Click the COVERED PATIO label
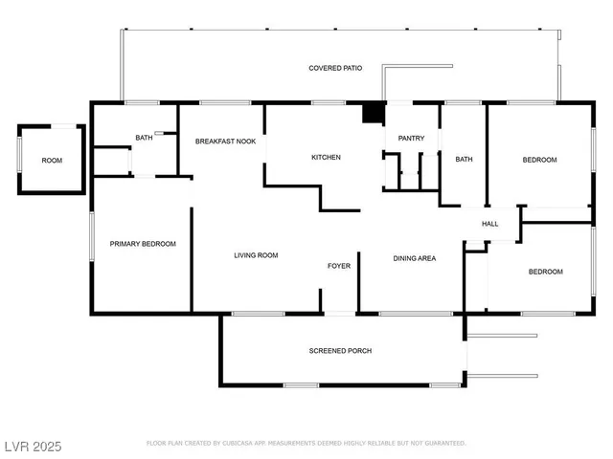(335, 68)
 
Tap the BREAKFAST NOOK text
(226, 142)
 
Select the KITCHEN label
(326, 157)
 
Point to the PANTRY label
(411, 138)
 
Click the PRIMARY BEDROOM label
(143, 244)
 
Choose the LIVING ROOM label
(256, 255)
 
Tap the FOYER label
(339, 266)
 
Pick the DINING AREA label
(415, 258)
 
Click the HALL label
(489, 224)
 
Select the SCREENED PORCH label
(341, 351)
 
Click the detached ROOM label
(52, 161)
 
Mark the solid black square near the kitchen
(374, 113)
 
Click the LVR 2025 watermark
(34, 447)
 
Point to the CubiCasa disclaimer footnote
(306, 443)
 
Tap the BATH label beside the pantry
(464, 160)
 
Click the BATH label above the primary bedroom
(144, 138)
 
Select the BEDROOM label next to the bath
(539, 160)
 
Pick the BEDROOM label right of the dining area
(546, 272)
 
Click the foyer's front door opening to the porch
(340, 314)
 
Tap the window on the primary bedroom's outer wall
(92, 236)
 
